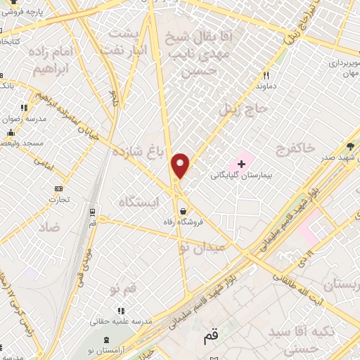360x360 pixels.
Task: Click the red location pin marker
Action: [181, 165]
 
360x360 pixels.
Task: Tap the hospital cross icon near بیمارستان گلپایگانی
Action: [242, 163]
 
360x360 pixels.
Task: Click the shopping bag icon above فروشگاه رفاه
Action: [183, 210]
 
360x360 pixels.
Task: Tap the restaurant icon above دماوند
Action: [266, 75]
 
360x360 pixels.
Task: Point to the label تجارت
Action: [58, 200]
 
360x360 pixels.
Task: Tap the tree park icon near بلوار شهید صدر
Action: [350, 146]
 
